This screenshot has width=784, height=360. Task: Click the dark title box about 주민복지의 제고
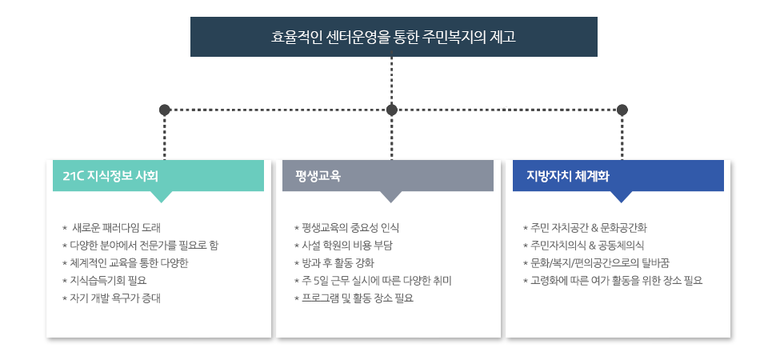(394, 37)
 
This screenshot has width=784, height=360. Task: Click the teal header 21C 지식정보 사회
(158, 176)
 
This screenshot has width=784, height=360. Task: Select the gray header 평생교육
(388, 176)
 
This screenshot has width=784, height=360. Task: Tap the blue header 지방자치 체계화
(618, 176)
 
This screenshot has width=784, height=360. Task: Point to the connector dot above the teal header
(165, 109)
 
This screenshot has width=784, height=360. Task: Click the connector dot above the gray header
(391, 109)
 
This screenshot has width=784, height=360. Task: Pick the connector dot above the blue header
(622, 109)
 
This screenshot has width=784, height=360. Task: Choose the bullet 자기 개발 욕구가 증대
(115, 298)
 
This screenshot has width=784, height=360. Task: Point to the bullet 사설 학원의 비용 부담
(347, 245)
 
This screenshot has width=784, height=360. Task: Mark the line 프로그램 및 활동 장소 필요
(357, 298)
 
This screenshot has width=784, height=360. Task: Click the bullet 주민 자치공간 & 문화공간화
(589, 227)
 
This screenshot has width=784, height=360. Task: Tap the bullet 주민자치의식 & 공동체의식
(587, 245)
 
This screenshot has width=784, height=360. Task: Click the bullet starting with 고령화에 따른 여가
(616, 280)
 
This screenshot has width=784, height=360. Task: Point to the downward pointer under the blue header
(621, 196)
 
